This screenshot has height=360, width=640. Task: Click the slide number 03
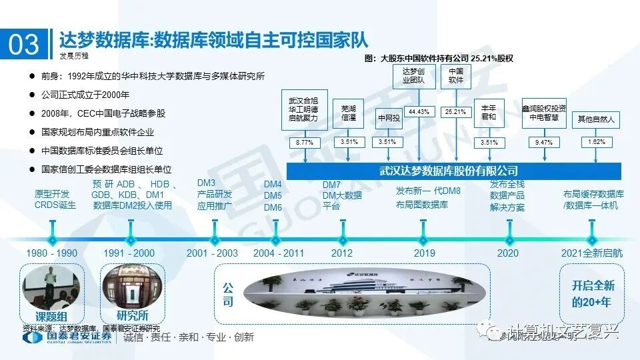pyautogui.click(x=24, y=45)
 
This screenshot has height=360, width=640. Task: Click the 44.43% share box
pyautogui.click(x=419, y=111)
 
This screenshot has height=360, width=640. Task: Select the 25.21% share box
pyautogui.click(x=455, y=111)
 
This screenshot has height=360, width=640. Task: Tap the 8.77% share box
pyautogui.click(x=304, y=142)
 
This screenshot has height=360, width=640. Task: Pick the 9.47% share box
pyautogui.click(x=544, y=142)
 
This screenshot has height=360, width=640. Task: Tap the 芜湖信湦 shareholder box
pyautogui.click(x=349, y=112)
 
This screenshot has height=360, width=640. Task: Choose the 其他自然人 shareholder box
pyautogui.click(x=596, y=120)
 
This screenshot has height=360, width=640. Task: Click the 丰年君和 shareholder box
pyautogui.click(x=489, y=112)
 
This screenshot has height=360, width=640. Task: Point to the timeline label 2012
pyautogui.click(x=341, y=253)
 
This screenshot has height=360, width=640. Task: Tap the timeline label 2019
pyautogui.click(x=424, y=253)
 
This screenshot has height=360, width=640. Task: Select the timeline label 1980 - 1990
pyautogui.click(x=51, y=253)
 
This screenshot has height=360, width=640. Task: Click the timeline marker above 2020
pyautogui.click(x=508, y=239)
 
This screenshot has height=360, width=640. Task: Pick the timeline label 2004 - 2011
pyautogui.click(x=279, y=253)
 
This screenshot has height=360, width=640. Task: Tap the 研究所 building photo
pyautogui.click(x=131, y=287)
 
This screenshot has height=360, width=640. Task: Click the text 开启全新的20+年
pyautogui.click(x=593, y=293)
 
